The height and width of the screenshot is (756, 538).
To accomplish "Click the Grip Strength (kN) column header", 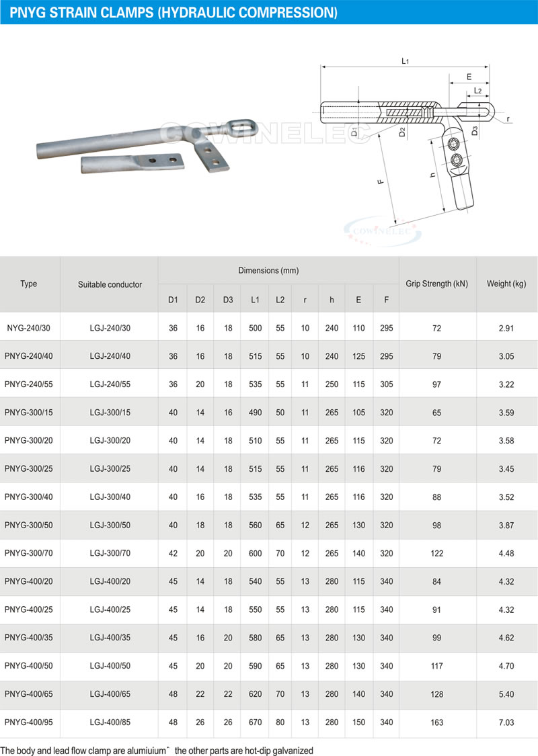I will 436,284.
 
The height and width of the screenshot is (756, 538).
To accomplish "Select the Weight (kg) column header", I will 506,284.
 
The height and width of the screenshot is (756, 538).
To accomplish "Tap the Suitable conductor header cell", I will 110,284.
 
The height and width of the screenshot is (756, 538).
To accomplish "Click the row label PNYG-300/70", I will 29,553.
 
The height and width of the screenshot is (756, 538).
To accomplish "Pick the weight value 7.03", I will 506,723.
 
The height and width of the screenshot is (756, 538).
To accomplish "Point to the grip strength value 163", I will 437,723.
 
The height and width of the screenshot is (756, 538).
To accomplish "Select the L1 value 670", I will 255,723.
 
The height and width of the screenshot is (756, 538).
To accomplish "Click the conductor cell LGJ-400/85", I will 110,723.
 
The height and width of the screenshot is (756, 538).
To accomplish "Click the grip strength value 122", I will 437,553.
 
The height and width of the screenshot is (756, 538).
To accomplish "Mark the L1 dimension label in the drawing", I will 406,61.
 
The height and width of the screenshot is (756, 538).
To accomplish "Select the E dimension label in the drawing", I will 469,77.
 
